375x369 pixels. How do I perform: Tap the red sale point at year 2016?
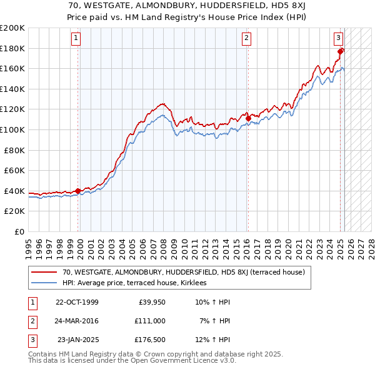pyautogui.click(x=248, y=118)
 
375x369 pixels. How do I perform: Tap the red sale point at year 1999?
pyautogui.click(x=77, y=191)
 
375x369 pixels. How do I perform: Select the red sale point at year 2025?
pyautogui.click(x=340, y=51)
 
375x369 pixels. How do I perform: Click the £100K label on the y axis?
pyautogui.click(x=12, y=129)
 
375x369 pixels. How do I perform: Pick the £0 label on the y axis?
pyautogui.click(x=19, y=231)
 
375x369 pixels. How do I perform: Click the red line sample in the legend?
pyautogui.click(x=44, y=272)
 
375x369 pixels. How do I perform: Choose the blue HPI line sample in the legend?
pyautogui.click(x=44, y=283)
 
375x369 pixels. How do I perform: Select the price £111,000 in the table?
pyautogui.click(x=149, y=320)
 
